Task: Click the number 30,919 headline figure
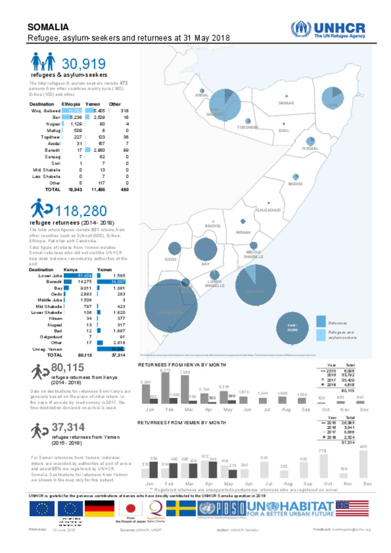click(84, 64)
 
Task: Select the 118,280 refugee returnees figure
click(81, 211)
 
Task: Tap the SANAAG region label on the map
click(286, 103)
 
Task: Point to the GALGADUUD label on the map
click(268, 210)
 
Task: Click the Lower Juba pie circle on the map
click(171, 305)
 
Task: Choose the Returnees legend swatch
click(321, 321)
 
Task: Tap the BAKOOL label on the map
click(213, 226)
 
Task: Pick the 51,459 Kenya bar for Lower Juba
click(78, 276)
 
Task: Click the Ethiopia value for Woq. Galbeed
click(72, 111)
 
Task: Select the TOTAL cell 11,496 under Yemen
click(98, 189)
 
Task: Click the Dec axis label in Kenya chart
click(364, 410)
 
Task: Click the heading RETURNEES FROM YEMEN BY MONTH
click(181, 422)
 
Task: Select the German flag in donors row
click(99, 509)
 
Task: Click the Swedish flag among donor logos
click(181, 509)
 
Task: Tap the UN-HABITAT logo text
click(290, 509)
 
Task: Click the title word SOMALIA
click(48, 27)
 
